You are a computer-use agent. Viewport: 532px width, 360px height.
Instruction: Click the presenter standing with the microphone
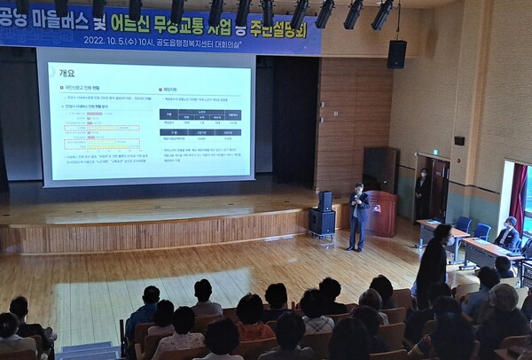[x=358, y=216]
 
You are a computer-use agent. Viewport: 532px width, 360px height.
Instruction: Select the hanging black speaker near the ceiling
[x=396, y=54]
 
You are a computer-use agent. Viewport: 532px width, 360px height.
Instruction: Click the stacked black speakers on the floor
[x=322, y=215]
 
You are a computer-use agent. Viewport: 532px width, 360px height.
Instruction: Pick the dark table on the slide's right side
[x=200, y=125]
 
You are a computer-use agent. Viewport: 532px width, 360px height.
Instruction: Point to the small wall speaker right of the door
[x=458, y=140]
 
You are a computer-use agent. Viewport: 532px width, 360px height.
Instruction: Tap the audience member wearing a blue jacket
[x=143, y=310]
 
